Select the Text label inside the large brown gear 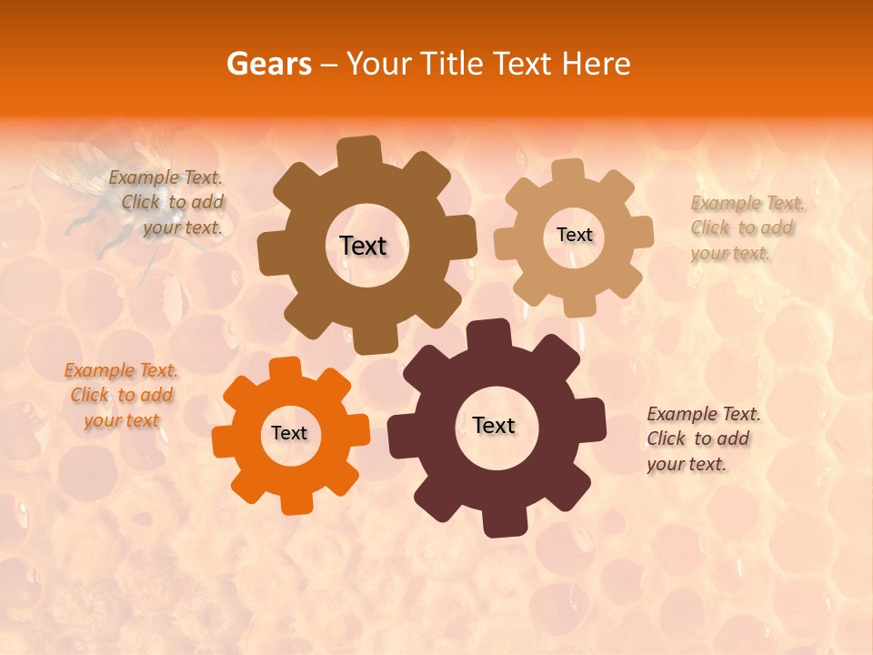(x=363, y=246)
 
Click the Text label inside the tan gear (x=574, y=235)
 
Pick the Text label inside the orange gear (x=289, y=433)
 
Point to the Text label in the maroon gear (x=494, y=425)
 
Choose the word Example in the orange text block (x=97, y=370)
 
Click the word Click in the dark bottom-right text (x=666, y=438)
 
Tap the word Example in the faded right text (x=725, y=203)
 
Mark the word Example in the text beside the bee (x=143, y=178)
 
